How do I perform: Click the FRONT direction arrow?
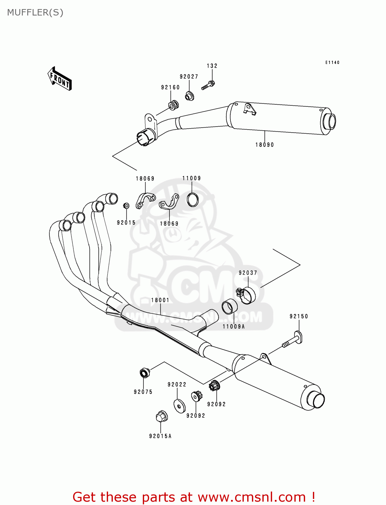(x=60, y=79)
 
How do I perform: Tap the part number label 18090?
(x=264, y=145)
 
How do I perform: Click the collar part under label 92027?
(x=190, y=96)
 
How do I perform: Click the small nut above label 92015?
(x=126, y=206)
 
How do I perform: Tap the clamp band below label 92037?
(x=247, y=295)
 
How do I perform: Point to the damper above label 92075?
(x=144, y=373)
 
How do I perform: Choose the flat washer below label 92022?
(x=179, y=406)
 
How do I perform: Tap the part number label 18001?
(x=160, y=300)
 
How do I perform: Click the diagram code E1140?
(x=332, y=62)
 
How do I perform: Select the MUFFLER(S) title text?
(x=35, y=12)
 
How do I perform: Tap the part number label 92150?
(x=298, y=316)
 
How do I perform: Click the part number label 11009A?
(x=233, y=327)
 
